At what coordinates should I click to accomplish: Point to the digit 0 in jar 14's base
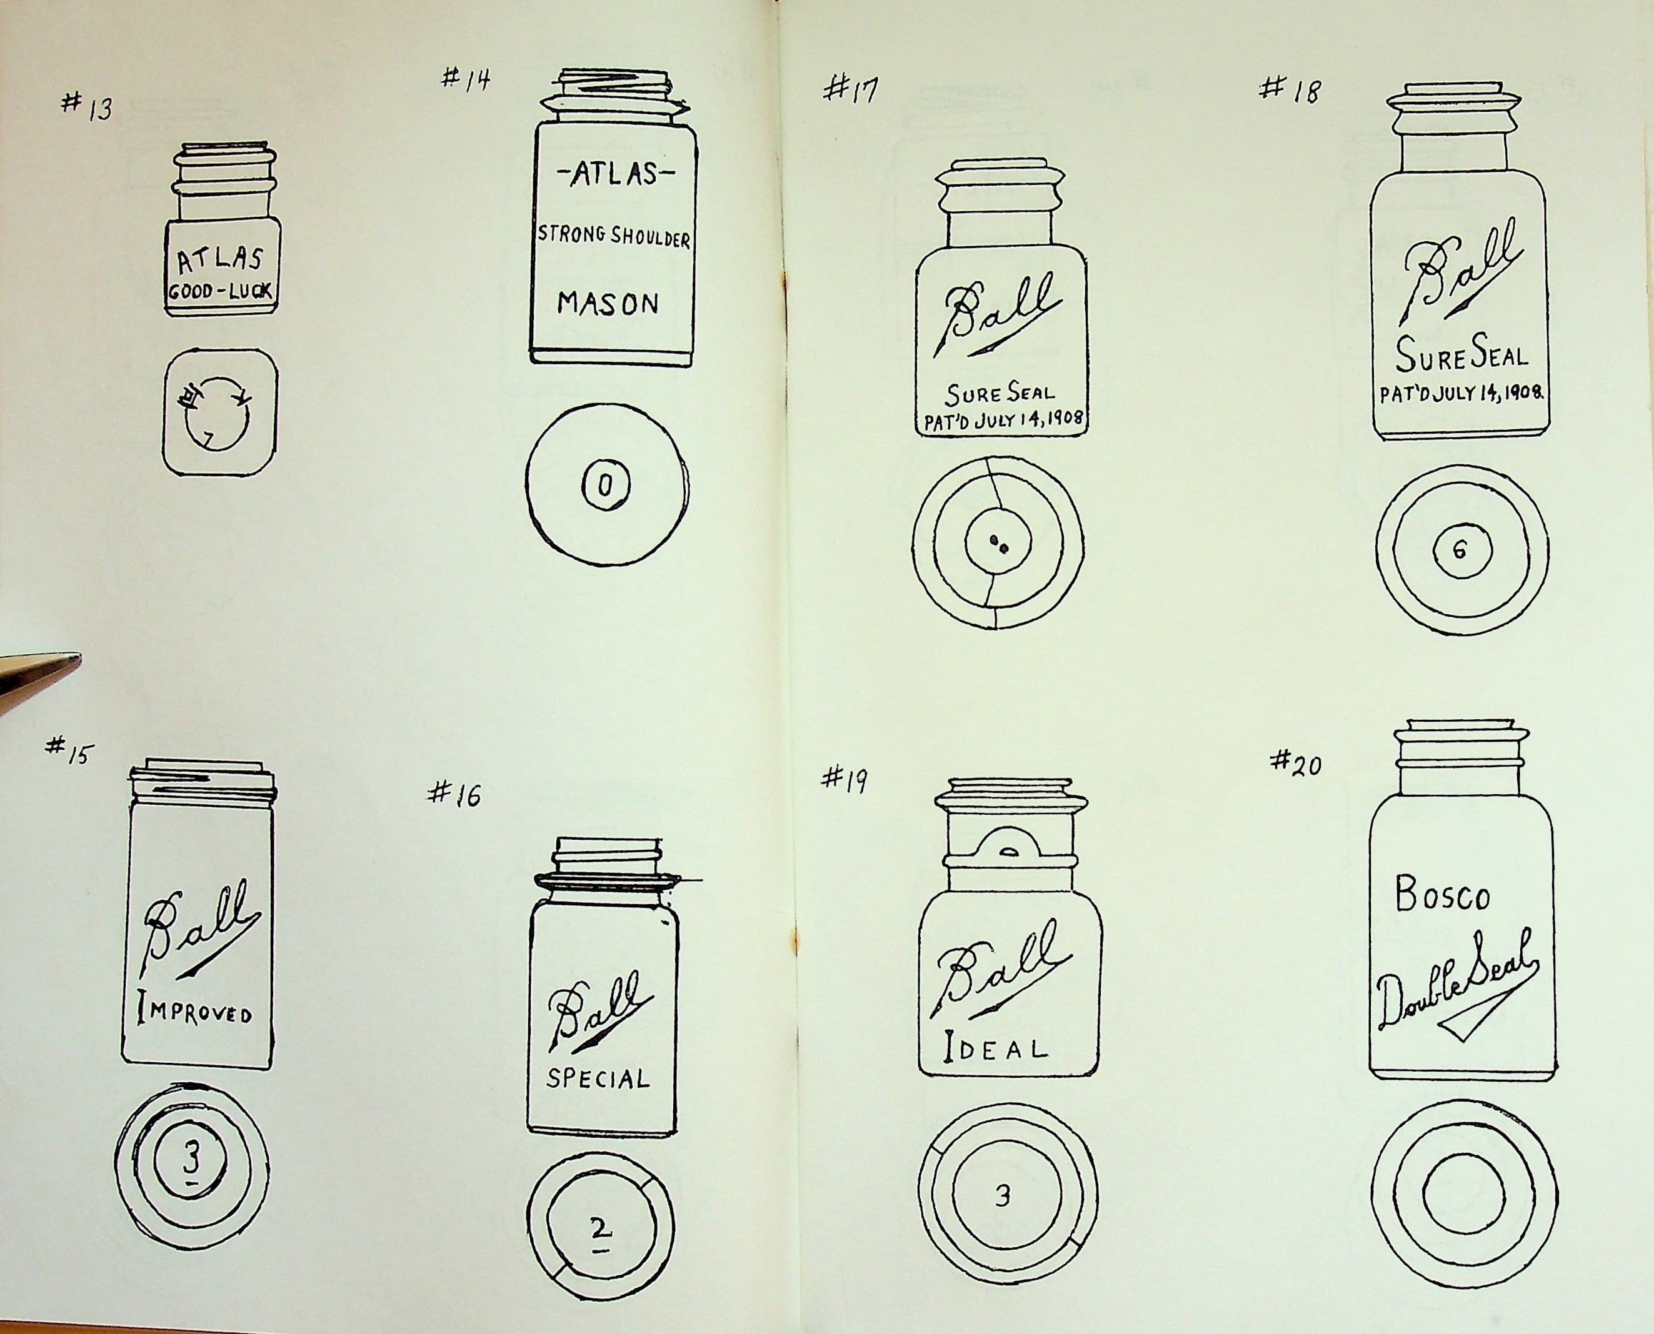pyautogui.click(x=606, y=485)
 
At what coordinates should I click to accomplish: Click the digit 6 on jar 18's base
pyautogui.click(x=1460, y=549)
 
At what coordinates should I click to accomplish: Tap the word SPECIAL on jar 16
pyautogui.click(x=598, y=1079)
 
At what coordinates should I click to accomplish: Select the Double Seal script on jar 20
pyautogui.click(x=1456, y=991)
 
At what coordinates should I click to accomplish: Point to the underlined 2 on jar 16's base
pyautogui.click(x=600, y=1231)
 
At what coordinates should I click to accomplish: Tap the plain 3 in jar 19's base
pyautogui.click(x=1001, y=1197)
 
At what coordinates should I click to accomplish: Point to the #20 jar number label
pyautogui.click(x=1296, y=763)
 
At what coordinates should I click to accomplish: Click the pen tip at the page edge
pyautogui.click(x=77, y=659)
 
